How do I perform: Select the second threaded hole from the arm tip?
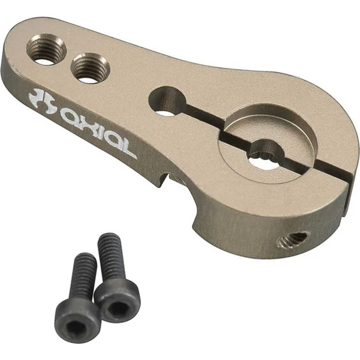(x=90, y=68)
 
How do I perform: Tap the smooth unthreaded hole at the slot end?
(x=167, y=101)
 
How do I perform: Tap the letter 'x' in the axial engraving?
(x=89, y=125)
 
